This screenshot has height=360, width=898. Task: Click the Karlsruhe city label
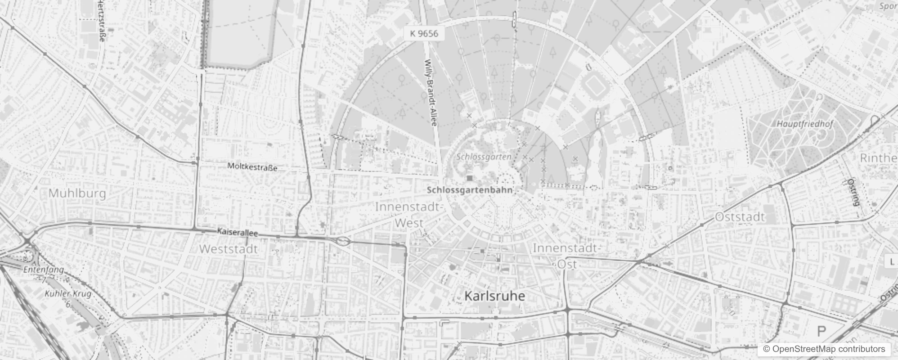point(494,296)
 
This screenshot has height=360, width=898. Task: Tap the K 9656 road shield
point(423,33)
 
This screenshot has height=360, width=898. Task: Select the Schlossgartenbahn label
point(469,190)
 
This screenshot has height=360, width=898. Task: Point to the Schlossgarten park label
point(484,157)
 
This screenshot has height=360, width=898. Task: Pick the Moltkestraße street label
point(252,167)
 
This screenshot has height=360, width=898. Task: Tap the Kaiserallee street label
point(237,233)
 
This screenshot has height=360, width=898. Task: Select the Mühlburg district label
point(77,193)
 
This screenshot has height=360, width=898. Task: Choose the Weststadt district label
point(228,249)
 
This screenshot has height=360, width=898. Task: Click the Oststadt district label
point(740,217)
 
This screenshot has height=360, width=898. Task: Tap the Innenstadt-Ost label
point(567,256)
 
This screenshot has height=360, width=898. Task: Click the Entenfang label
point(44,270)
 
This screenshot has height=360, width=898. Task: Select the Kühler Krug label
point(68,294)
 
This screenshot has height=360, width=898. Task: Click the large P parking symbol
point(822,332)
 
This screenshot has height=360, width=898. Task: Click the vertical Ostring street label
point(853,192)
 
